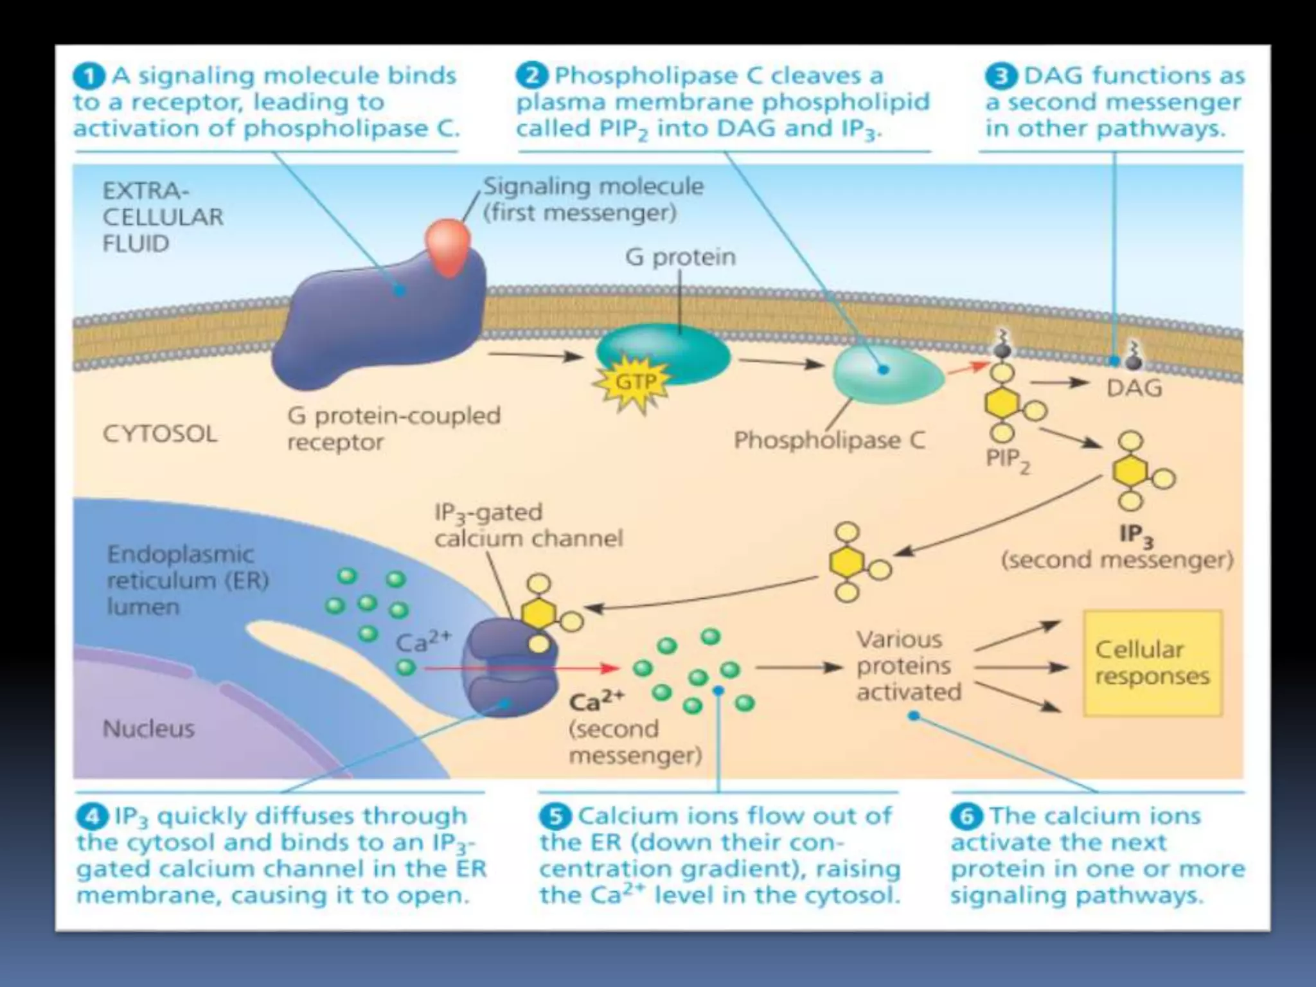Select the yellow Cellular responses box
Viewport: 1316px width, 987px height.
pos(1152,663)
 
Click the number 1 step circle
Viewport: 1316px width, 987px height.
pos(89,76)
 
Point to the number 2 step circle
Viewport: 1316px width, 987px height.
pos(532,76)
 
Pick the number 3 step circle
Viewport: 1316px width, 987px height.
pos(1000,76)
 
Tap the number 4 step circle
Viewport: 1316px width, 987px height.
pos(92,817)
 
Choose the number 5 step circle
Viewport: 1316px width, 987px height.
pos(555,817)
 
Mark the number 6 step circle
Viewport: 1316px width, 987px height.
pos(966,817)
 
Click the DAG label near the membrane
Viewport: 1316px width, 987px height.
pos(1134,389)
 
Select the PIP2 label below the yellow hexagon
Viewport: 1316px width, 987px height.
pos(1007,460)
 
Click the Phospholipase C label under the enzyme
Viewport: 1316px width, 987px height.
pos(829,441)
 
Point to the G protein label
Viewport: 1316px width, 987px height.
pos(680,257)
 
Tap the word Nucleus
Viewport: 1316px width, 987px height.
pos(148,729)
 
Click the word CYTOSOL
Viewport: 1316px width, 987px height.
pos(159,434)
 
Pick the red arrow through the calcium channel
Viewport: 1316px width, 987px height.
pos(520,668)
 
